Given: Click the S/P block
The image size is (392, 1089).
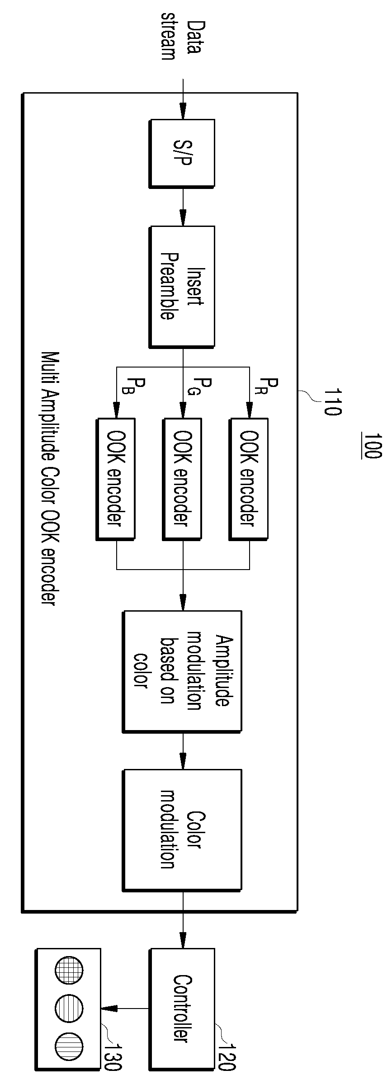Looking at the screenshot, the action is pyautogui.click(x=182, y=154).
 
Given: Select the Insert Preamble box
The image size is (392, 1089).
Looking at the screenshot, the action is pyautogui.click(x=182, y=287).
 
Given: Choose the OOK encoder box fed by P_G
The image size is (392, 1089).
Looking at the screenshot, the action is pyautogui.click(x=182, y=479).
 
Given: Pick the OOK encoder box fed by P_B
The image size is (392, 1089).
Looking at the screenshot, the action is pyautogui.click(x=116, y=479).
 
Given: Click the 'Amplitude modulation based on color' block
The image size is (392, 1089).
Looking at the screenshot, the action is pyautogui.click(x=182, y=671).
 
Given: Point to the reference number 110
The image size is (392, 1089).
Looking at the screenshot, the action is pyautogui.click(x=332, y=402).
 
